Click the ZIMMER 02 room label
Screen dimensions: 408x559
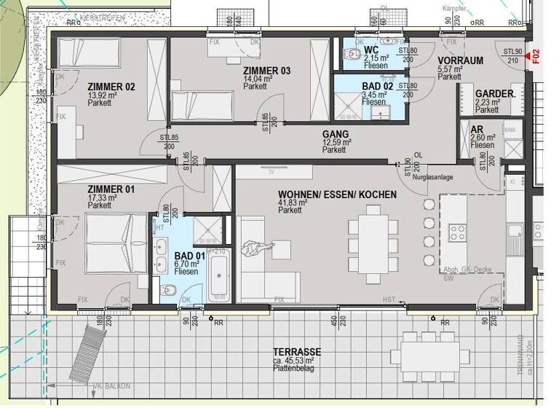pos(111,87)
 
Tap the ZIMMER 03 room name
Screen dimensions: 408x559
pos(267,71)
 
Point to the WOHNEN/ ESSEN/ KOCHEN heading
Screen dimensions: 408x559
pos(337,195)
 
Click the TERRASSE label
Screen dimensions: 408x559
pos(297,352)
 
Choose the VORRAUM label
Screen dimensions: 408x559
pos(461,60)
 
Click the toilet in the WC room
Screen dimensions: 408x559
pos(354,55)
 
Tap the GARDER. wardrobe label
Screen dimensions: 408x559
pos(496,94)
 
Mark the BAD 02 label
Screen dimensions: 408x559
pos(377,86)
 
